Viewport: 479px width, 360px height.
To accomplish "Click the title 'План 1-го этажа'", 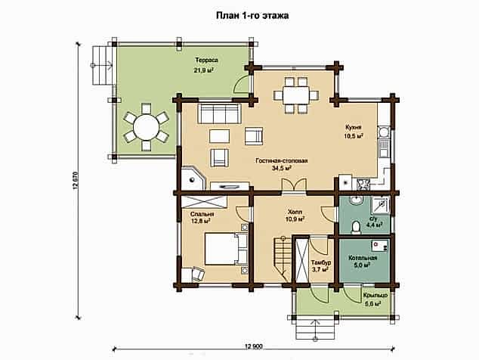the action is (252, 16).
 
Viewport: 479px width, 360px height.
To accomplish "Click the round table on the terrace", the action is (147, 126).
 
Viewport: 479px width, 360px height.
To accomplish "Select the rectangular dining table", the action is (296, 95).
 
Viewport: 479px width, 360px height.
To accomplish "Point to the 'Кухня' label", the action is (354, 127).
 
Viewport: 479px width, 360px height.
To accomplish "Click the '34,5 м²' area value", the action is (281, 168).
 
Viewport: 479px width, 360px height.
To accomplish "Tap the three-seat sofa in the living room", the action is (219, 113).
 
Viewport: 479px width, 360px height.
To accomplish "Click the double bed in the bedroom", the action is (226, 249).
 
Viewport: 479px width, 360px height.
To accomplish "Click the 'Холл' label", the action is (295, 212).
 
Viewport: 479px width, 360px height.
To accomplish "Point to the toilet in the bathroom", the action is (355, 227).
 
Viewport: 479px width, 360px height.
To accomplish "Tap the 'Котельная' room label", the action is (363, 258).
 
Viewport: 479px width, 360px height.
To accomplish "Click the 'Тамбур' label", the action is (321, 262).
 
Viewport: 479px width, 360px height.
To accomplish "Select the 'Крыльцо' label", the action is (375, 296).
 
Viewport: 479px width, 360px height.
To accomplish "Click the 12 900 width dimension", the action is (254, 346).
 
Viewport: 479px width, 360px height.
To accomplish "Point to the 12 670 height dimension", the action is (76, 181).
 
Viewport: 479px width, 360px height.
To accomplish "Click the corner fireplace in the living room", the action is (193, 178).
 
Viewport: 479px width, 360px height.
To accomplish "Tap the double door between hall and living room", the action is (294, 185).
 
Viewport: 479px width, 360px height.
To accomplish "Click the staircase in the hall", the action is (282, 258).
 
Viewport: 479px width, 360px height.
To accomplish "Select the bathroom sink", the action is (356, 200).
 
